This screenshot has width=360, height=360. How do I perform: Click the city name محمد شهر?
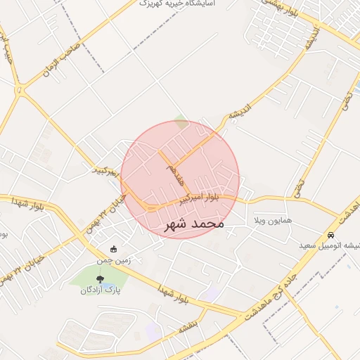[x=194, y=224]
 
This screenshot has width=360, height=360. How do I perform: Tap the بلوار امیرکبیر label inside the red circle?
[x=198, y=199]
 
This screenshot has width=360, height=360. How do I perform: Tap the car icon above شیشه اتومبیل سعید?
[x=330, y=235]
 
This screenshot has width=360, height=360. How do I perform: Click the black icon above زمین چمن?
[x=114, y=248]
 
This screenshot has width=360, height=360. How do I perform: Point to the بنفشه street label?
[x=191, y=327]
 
